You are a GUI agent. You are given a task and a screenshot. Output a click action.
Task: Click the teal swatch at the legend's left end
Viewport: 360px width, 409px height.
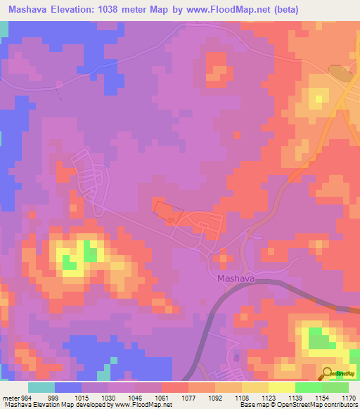click(41, 387)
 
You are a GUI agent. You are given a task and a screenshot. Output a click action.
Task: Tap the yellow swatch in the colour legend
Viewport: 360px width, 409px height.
click(281, 387)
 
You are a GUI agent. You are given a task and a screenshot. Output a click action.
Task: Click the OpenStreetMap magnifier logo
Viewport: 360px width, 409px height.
click(328, 373)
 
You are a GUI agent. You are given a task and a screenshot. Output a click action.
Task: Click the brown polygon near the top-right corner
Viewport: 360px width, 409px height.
click(341, 72)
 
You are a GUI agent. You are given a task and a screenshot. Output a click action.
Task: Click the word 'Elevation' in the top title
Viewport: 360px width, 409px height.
click(79, 10)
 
